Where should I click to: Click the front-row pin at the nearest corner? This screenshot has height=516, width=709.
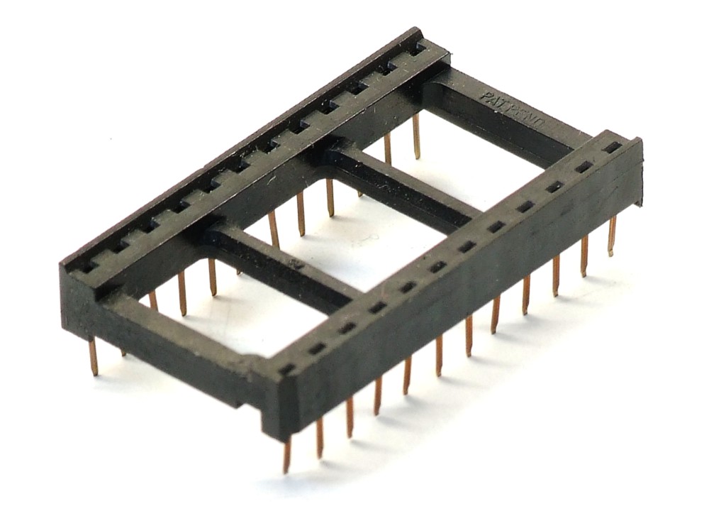(287, 454)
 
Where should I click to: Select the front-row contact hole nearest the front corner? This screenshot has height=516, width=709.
(287, 369)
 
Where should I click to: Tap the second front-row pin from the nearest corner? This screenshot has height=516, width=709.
(320, 437)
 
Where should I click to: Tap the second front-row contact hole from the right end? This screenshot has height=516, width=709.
(583, 167)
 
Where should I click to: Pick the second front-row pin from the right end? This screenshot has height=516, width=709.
(584, 256)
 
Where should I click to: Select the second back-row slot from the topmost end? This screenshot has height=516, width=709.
(389, 68)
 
